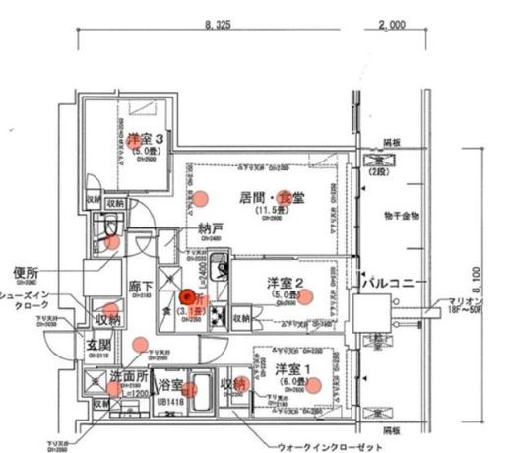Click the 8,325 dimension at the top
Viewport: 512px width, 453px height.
coord(218,23)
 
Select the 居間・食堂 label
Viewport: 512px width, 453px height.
coord(267,197)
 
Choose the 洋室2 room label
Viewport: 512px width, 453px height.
coord(284,284)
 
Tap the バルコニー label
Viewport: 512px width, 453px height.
coord(393,284)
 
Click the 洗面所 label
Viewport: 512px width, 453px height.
coord(128,375)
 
